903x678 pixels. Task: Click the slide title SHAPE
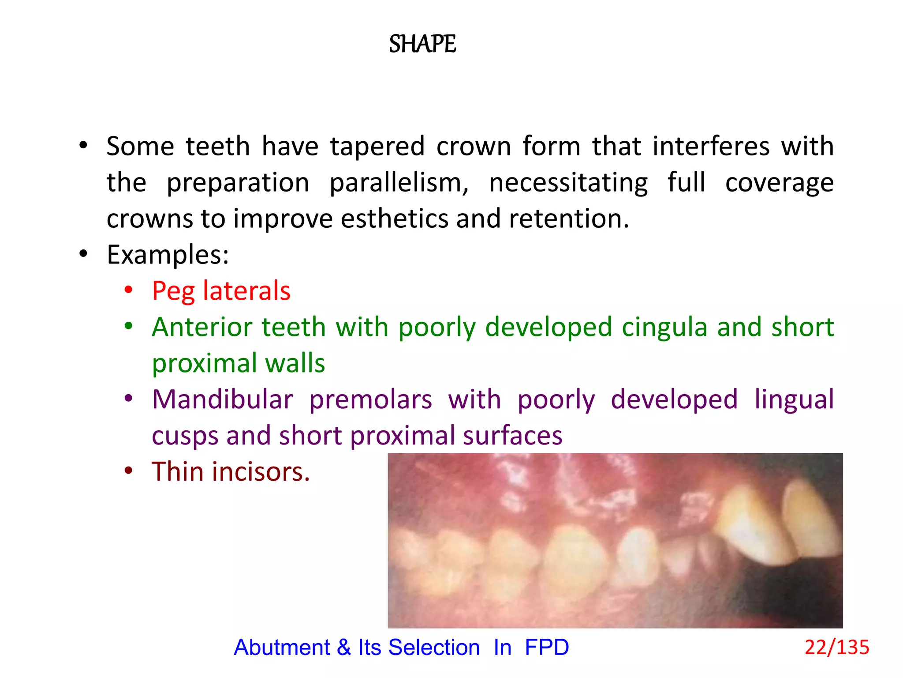coord(422,44)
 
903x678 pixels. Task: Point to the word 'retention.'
coord(569,218)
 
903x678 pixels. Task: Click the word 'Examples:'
coord(168,255)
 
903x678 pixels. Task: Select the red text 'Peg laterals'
coord(221,291)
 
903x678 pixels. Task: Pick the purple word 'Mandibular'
coord(222,399)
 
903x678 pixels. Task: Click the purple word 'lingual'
coord(794,399)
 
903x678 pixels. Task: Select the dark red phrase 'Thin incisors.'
coord(231,472)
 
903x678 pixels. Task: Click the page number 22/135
coord(836,648)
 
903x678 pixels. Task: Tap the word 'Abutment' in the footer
coord(282,648)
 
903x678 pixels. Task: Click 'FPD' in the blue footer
coord(547,648)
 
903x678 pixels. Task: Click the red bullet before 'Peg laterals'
coord(128,290)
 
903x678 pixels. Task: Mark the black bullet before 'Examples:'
coord(83,254)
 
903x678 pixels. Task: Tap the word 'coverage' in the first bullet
coord(779,182)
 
